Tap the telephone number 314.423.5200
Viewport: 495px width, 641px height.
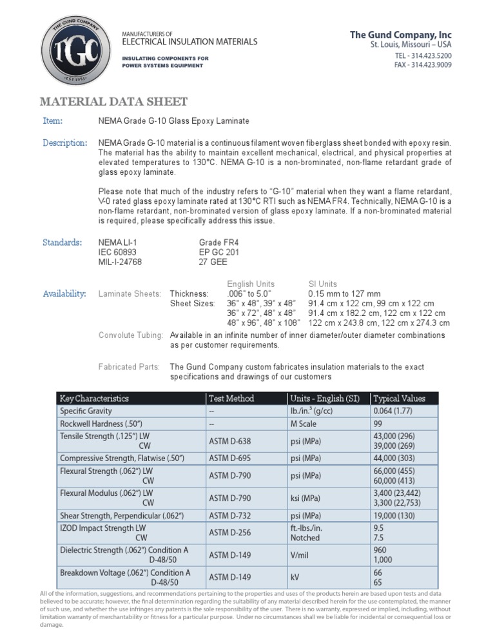pos(423,56)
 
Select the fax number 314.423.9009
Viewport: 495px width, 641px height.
pos(423,66)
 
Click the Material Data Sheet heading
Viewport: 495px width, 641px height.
pos(113,101)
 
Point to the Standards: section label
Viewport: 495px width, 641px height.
pos(62,242)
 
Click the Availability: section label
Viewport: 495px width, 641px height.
pos(64,294)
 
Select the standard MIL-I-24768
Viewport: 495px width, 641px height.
pos(120,262)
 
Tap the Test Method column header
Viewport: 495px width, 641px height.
pos(231,399)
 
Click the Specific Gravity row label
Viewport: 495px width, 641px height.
pos(86,411)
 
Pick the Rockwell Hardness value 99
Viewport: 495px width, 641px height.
pos(379,424)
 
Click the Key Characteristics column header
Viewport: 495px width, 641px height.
pos(94,399)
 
